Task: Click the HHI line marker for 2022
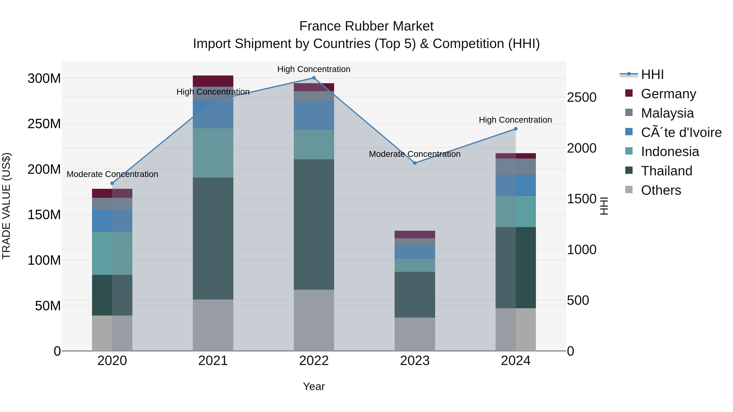pos(314,78)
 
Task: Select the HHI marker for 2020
pos(112,183)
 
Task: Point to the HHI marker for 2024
pos(516,129)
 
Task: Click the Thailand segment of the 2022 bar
pos(314,225)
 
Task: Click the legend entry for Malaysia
pos(667,113)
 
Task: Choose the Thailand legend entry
pos(666,171)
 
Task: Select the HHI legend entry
pos(652,74)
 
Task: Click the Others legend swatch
pos(629,190)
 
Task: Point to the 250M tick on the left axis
pos(44,124)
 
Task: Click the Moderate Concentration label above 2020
pos(112,174)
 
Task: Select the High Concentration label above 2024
pos(515,120)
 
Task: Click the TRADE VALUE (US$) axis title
pos(6,206)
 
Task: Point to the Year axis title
pos(314,386)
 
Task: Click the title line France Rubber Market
pos(366,26)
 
